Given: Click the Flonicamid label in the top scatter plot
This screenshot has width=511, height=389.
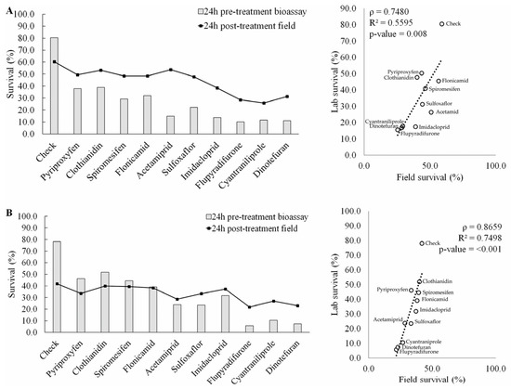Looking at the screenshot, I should [453, 81].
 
